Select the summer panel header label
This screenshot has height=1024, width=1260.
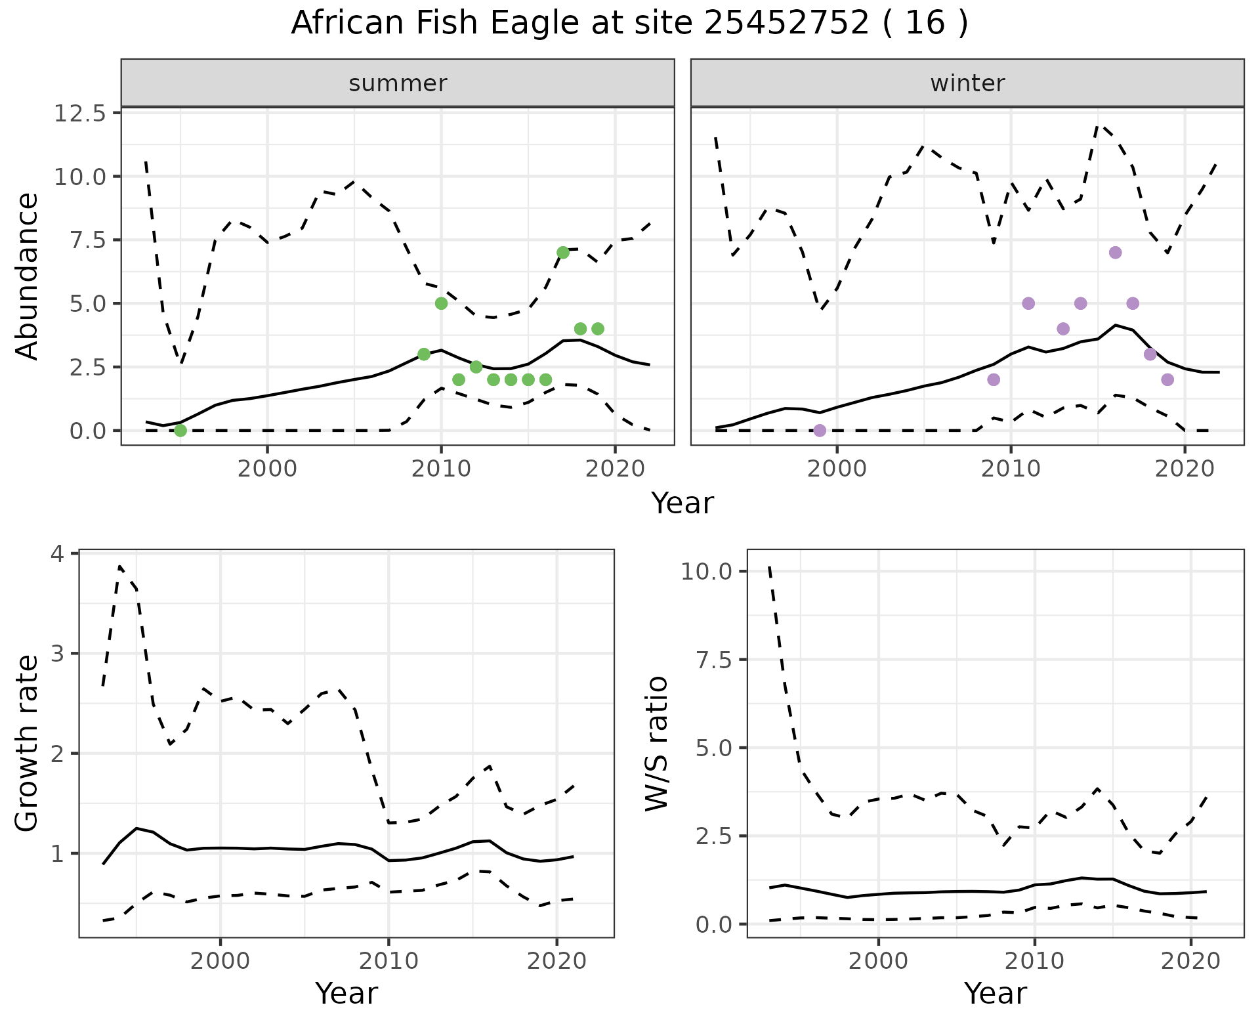tap(398, 83)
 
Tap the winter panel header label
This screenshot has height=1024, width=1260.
tap(967, 83)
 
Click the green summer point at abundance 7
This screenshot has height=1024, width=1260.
tap(562, 253)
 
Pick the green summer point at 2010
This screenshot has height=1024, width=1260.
tap(441, 303)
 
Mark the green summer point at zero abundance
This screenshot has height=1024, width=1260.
tap(180, 431)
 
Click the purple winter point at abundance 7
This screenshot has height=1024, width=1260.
tap(1115, 253)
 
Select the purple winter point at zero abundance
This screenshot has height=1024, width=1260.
tap(820, 431)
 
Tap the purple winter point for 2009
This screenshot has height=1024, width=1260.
tap(994, 379)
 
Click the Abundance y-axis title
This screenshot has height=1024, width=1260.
tap(28, 276)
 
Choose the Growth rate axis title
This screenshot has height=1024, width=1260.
tap(28, 744)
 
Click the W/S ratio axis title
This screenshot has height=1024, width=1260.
tap(656, 744)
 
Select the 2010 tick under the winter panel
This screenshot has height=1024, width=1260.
tap(1011, 470)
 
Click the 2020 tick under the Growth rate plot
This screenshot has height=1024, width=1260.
tap(556, 962)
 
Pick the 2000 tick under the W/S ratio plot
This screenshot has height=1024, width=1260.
tap(878, 962)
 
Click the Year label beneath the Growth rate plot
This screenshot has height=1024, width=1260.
tap(346, 994)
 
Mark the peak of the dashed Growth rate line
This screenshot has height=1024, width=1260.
tap(119, 566)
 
